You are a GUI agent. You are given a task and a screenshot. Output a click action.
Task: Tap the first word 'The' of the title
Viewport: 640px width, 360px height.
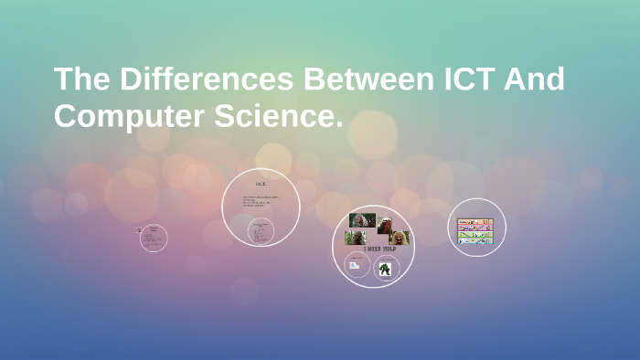[83, 79]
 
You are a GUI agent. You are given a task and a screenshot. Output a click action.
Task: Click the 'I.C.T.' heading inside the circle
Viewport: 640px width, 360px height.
[261, 185]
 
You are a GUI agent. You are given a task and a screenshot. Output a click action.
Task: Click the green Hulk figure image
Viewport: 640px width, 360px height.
[386, 269]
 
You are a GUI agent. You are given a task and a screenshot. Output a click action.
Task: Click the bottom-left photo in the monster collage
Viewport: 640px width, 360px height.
[355, 238]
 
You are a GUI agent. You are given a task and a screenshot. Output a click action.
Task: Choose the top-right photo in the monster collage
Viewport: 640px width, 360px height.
[386, 223]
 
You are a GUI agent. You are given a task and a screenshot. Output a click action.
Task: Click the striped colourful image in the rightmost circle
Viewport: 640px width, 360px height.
[475, 231]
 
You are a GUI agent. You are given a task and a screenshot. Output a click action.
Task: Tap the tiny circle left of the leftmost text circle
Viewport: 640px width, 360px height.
[137, 230]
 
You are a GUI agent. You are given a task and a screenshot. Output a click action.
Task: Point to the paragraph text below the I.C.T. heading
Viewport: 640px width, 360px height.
[261, 203]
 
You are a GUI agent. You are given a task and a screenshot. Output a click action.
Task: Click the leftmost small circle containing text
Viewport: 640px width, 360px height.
[154, 238]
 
